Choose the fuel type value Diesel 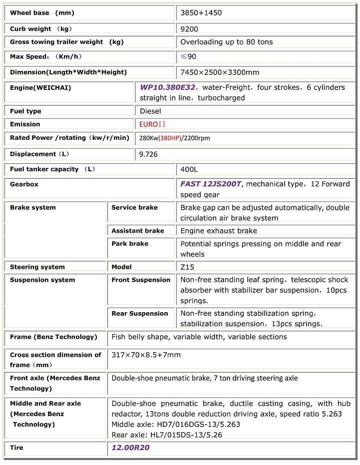tap(150, 111)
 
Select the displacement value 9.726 tap(149, 154)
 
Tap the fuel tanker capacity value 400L tap(189, 169)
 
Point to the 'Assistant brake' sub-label tap(138, 231)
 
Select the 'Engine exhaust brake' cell tap(219, 231)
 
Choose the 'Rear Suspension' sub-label tap(140, 314)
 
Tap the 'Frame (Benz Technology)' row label tap(53, 337)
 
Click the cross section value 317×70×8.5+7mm tap(146, 355)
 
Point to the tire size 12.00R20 tap(130, 448)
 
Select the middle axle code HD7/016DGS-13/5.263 tap(176, 425)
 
